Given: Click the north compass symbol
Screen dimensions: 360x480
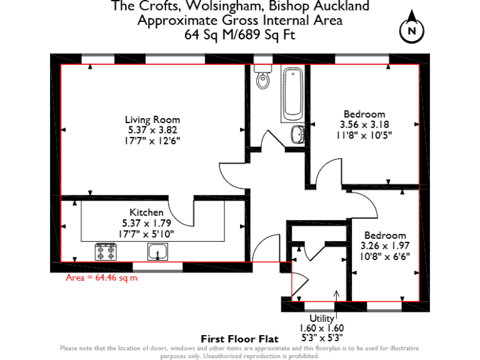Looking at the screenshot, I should click(411, 28).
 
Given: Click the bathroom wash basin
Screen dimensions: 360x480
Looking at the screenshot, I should click(298, 133).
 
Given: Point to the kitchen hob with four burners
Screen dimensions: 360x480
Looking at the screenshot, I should click(106, 251).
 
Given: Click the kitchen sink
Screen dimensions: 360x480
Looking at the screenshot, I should click(157, 251).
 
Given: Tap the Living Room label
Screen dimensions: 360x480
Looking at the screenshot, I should click(152, 119).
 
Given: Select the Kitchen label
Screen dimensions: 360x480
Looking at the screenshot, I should click(146, 212).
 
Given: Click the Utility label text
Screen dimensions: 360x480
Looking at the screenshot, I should click(322, 319).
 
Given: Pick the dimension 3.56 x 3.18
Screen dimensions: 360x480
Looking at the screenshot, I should click(364, 124).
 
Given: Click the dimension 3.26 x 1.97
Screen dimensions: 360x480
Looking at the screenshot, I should click(385, 245).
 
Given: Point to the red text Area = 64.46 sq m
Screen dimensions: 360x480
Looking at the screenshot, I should click(101, 277).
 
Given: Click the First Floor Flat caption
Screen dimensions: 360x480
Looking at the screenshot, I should click(239, 339).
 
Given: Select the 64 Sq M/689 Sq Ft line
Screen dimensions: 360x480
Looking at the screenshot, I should click(239, 34).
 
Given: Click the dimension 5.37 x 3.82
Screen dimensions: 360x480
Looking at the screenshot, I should click(152, 129).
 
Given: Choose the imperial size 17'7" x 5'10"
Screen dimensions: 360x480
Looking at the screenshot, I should click(147, 233).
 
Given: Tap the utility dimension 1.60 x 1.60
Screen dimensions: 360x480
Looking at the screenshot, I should click(322, 327).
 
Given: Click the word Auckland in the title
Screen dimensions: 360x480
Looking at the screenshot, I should click(341, 7).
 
